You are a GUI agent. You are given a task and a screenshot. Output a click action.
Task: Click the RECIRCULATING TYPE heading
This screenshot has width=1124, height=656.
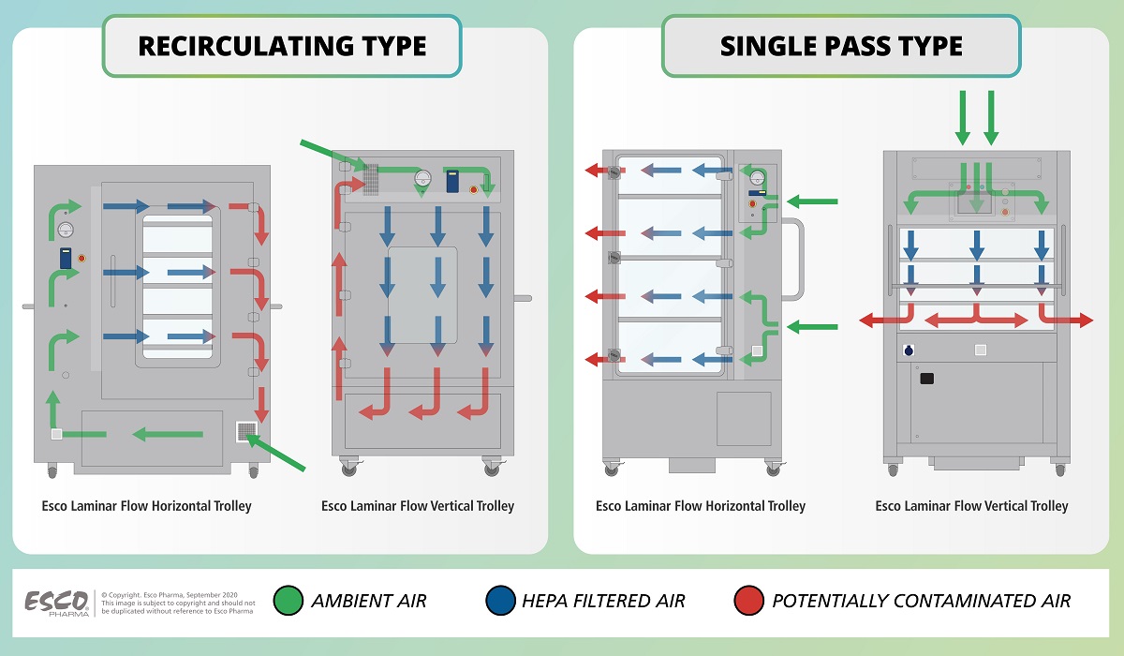(x=282, y=45)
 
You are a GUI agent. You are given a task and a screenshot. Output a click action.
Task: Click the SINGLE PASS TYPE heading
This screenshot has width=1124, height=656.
(x=841, y=45)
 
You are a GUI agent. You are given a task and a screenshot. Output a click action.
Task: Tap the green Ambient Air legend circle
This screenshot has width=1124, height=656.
(x=288, y=601)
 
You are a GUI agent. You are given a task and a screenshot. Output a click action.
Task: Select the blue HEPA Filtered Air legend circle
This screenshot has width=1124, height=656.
(x=501, y=601)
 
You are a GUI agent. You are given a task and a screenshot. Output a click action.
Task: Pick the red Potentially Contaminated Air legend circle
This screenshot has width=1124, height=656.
(x=748, y=601)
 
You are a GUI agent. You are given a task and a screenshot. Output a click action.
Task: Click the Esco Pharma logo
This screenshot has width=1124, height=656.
(x=55, y=601)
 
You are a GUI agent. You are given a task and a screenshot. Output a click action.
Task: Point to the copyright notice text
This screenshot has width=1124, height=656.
(x=178, y=601)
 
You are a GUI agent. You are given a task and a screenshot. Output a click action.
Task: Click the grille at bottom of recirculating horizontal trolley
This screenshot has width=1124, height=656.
(x=246, y=432)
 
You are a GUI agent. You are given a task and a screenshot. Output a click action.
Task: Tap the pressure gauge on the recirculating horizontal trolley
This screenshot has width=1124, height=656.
(x=65, y=230)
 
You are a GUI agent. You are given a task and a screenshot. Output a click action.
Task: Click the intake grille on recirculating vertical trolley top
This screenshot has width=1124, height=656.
(x=370, y=178)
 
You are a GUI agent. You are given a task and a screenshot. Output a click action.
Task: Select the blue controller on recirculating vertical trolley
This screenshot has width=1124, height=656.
(x=453, y=181)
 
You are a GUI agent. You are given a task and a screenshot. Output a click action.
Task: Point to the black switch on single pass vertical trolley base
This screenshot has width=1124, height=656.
(x=927, y=378)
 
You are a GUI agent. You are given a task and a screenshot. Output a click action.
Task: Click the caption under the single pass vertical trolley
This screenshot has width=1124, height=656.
(x=971, y=506)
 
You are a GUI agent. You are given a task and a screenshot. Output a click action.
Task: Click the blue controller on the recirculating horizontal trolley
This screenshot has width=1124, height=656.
(x=67, y=258)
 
